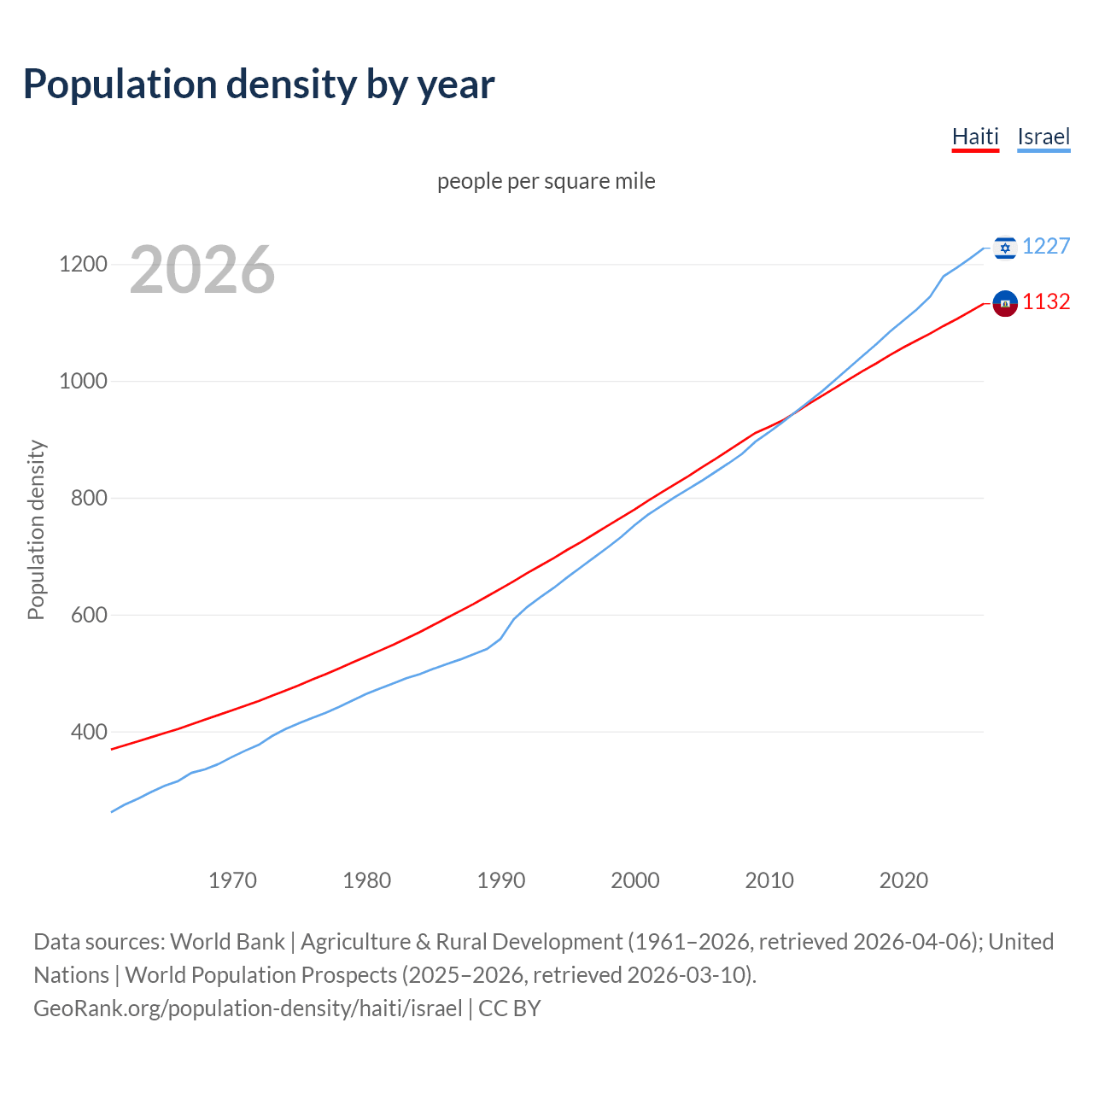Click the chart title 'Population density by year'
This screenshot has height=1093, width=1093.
[259, 85]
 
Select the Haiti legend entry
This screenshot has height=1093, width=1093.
[975, 137]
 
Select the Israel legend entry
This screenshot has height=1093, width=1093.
[1043, 137]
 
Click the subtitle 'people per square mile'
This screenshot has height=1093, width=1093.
[546, 181]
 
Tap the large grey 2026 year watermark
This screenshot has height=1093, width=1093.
[202, 270]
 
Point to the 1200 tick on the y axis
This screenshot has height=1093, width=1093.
[83, 264]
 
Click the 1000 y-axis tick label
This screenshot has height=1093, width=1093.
[83, 381]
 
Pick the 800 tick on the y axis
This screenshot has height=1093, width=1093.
[89, 498]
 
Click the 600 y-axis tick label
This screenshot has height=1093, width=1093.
[89, 615]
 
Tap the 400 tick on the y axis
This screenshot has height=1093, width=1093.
[89, 732]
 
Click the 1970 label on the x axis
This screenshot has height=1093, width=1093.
[233, 880]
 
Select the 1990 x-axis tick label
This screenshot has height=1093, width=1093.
[501, 880]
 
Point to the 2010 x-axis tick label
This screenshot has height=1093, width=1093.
[769, 880]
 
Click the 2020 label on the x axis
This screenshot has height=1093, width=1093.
[903, 880]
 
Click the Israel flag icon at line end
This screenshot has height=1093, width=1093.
[1005, 248]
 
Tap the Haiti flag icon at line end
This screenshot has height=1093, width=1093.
[1005, 303]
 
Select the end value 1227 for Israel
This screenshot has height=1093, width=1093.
[1046, 246]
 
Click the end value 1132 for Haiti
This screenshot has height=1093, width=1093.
[1046, 301]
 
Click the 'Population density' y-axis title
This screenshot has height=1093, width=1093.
[36, 529]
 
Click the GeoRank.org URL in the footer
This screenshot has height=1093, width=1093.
[248, 1008]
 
